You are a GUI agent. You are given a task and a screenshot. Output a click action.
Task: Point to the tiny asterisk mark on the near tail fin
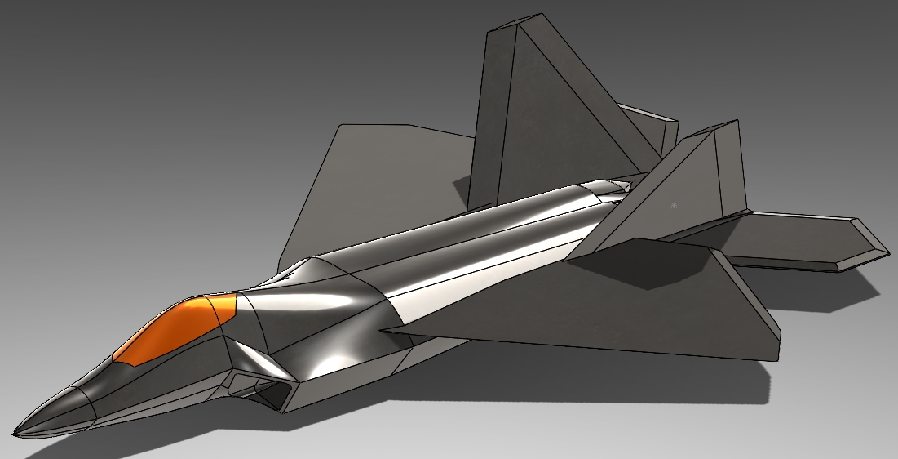[x=674, y=206]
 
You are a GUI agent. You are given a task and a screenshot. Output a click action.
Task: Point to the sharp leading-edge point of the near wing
[x=383, y=330]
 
